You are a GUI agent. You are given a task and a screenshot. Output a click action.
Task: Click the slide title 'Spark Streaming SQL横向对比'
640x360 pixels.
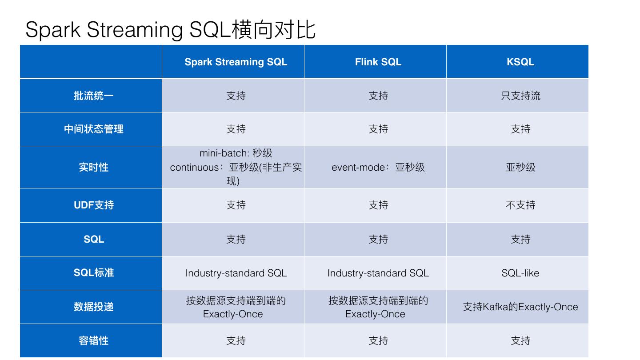click(x=170, y=29)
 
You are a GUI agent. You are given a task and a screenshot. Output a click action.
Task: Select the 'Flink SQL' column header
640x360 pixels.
click(x=378, y=62)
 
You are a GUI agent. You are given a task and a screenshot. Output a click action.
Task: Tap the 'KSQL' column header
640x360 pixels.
click(x=520, y=62)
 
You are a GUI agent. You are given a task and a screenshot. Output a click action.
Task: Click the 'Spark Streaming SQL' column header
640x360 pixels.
click(x=236, y=62)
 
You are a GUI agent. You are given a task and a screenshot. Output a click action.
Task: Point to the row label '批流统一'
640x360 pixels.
click(x=94, y=96)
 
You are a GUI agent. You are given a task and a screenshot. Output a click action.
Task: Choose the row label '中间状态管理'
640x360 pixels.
click(x=94, y=129)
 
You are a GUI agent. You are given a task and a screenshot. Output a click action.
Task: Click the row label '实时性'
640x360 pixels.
click(x=94, y=168)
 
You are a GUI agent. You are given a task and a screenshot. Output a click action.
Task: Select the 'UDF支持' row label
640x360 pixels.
click(x=94, y=205)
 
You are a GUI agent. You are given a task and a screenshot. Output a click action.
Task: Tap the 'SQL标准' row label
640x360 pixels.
click(x=94, y=273)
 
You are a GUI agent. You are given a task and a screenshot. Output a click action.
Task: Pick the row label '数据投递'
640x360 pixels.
click(x=94, y=307)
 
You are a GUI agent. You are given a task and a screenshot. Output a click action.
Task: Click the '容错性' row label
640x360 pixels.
click(x=94, y=340)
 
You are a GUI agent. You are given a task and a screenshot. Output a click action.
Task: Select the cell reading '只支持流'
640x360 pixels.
click(x=520, y=96)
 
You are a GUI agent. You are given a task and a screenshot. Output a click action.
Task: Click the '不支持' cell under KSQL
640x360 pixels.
click(x=520, y=205)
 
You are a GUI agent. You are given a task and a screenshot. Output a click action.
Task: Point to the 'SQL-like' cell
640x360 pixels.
click(x=520, y=273)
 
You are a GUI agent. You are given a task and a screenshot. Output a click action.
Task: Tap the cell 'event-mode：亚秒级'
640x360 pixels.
click(x=378, y=168)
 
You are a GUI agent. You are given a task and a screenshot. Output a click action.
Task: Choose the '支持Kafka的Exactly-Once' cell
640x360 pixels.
click(x=520, y=307)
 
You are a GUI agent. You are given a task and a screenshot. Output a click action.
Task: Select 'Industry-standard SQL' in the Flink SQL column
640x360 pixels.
click(x=378, y=273)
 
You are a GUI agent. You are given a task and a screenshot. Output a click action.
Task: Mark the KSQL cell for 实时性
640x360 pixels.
click(x=520, y=168)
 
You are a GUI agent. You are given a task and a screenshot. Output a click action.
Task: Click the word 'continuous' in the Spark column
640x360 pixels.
click(x=194, y=168)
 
